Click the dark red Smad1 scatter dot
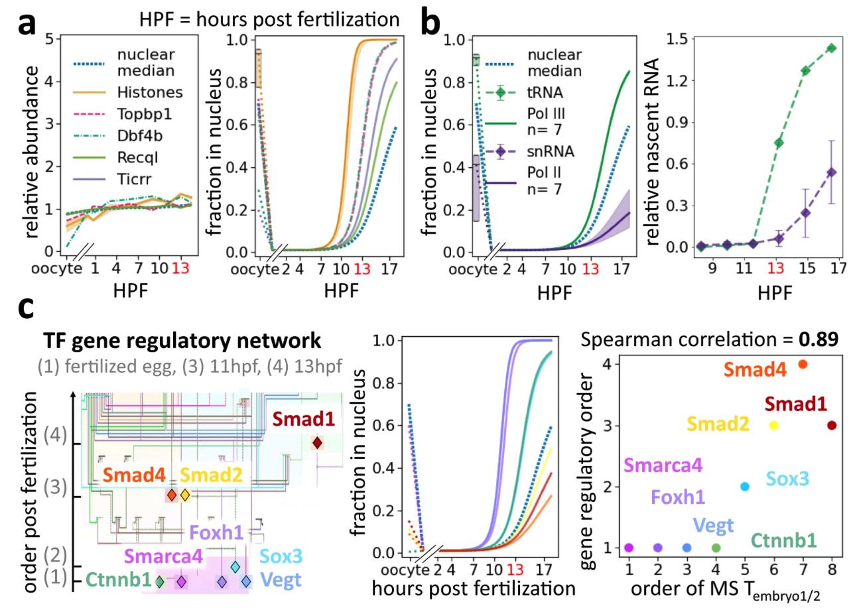point(832,425)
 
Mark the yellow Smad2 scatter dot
point(774,425)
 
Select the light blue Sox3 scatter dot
point(745,487)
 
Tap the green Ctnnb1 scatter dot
point(716,548)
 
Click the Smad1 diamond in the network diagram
point(318,442)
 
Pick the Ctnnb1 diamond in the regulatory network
point(159,581)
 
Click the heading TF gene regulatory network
point(182,341)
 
